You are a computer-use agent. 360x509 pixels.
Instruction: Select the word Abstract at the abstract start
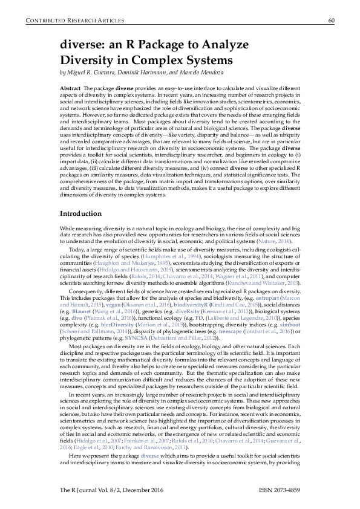[x=71, y=88]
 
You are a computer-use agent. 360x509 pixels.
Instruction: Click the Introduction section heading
[x=80, y=214]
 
